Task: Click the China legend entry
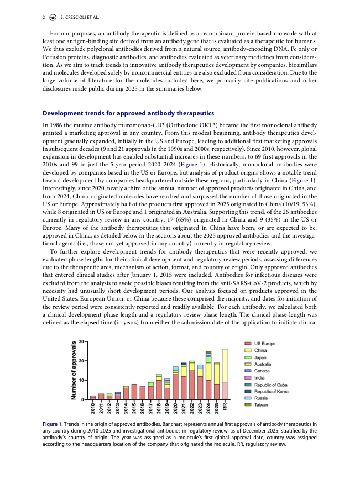tap(261, 351)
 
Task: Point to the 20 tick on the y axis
tap(82, 361)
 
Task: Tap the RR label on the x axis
tap(225, 407)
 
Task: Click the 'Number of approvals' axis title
tap(74, 370)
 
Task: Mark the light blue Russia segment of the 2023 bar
tap(200, 367)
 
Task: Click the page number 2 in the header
tap(44, 18)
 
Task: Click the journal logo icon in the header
tap(53, 18)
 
